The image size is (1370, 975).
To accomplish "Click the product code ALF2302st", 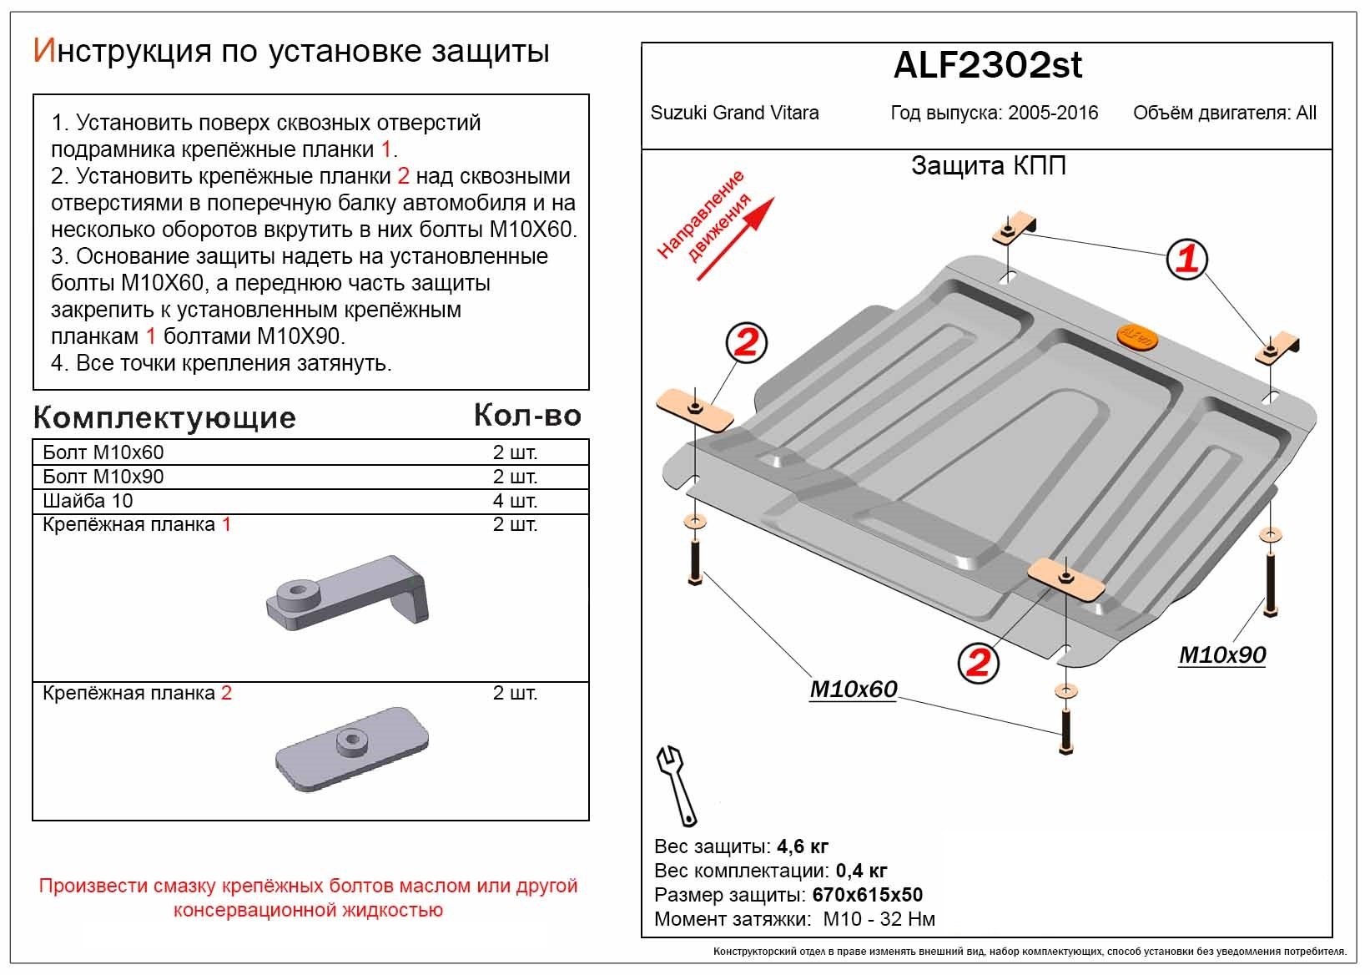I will [x=987, y=66].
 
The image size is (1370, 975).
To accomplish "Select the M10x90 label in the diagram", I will [x=1221, y=655].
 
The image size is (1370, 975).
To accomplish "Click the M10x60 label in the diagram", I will [x=853, y=689].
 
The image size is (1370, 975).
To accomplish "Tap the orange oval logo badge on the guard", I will [x=1136, y=336].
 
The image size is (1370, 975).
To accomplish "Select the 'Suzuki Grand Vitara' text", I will [x=734, y=113].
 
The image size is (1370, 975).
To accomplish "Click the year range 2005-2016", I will [x=1052, y=113].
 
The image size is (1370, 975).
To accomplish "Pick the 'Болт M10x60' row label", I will [x=103, y=452].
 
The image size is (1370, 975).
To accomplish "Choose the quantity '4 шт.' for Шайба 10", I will [x=515, y=501].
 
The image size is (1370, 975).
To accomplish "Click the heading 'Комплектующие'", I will [x=164, y=417].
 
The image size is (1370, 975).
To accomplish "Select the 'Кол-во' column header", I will [x=527, y=415].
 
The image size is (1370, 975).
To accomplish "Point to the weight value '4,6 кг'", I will [x=802, y=846].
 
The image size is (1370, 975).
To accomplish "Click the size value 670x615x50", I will [x=867, y=895].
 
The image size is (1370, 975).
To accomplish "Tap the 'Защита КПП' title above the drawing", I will [x=988, y=165].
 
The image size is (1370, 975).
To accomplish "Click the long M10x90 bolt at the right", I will [x=1269, y=576].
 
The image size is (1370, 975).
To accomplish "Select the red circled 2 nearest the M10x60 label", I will [x=977, y=662].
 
